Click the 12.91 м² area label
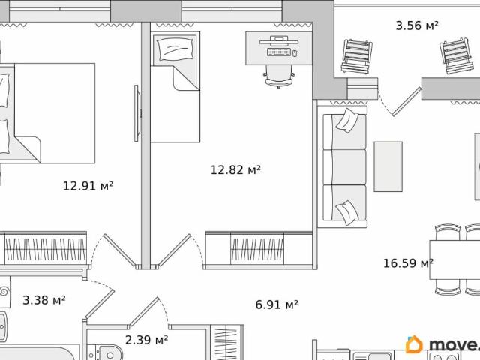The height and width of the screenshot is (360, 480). point(88,185)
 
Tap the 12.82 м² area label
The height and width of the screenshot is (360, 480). point(235,170)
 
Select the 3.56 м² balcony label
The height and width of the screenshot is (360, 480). point(417,25)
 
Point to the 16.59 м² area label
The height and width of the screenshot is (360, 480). point(408,262)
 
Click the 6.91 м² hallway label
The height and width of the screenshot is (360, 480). point(277,304)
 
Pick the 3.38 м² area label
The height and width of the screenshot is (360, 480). point(44,300)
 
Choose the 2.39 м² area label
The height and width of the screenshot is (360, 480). point(146,340)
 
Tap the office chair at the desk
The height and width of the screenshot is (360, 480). point(278,73)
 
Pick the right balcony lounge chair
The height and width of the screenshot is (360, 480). point(454,54)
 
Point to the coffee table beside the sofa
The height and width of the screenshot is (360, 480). point(388,166)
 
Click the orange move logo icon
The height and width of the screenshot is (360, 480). point(414,344)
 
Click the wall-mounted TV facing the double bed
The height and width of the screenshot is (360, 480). point(137,112)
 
